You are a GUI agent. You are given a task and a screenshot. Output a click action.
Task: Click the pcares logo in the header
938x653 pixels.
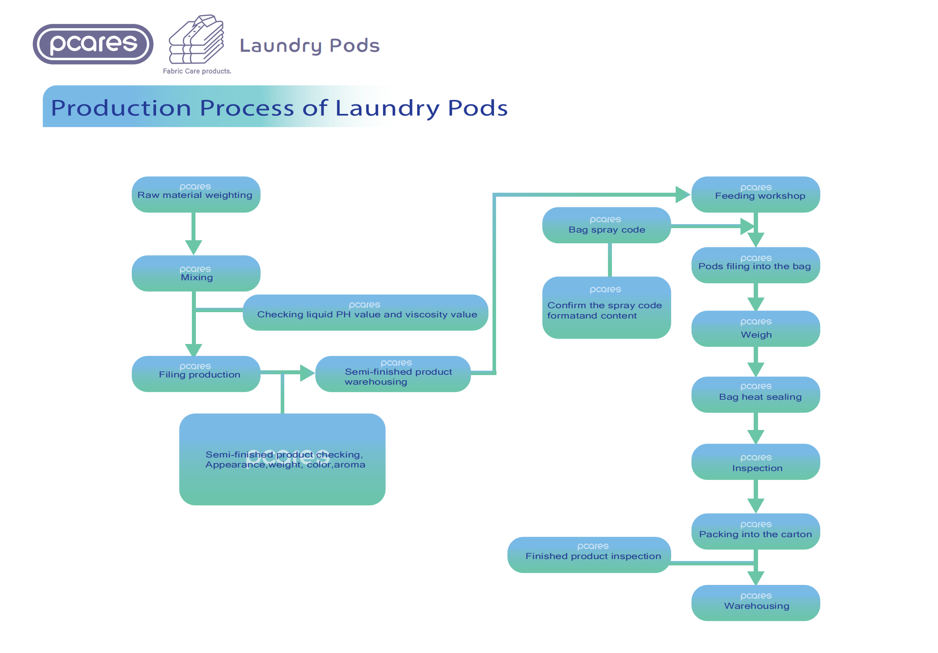93,44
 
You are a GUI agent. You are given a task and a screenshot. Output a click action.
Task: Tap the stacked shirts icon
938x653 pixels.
197,40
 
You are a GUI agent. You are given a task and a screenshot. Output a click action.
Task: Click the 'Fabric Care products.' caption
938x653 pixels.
197,71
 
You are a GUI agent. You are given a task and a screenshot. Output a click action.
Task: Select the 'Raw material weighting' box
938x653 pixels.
196,195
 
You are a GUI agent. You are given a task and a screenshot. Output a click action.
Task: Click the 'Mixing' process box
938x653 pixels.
196,274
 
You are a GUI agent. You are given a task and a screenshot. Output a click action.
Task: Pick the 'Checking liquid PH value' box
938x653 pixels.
365,313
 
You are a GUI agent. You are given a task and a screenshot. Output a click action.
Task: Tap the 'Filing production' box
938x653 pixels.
196,374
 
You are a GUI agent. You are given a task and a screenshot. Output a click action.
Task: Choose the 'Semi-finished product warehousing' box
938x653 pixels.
393,374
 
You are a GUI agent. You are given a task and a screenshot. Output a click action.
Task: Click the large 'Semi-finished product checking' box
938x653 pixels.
282,459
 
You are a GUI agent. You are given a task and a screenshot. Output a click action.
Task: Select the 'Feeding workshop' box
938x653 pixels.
755,195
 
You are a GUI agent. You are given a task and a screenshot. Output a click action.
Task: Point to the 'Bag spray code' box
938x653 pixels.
606,225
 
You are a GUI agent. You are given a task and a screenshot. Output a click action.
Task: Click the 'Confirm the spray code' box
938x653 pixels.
606,308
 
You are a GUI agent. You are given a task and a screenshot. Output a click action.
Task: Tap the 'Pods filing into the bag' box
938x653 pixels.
755,265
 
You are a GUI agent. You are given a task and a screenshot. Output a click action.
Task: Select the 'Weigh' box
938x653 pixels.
755,329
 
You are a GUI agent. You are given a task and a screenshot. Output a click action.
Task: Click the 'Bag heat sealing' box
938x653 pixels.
755,395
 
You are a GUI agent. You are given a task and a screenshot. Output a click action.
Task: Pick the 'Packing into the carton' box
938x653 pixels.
755,531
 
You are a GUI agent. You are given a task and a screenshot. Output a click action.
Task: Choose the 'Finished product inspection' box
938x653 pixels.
589,555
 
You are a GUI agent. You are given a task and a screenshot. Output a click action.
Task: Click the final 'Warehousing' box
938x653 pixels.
755,603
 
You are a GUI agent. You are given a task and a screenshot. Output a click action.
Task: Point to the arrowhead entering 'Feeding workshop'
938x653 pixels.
682,195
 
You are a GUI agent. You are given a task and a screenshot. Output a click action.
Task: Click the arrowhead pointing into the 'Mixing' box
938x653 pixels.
193,247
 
